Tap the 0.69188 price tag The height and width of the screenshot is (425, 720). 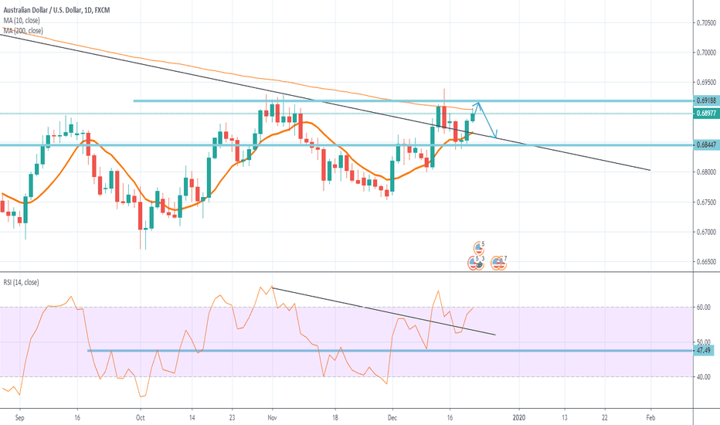click(705, 100)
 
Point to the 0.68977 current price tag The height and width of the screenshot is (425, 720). click(705, 114)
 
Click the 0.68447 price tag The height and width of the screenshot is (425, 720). click(705, 144)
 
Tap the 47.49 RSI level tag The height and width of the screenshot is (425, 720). click(703, 350)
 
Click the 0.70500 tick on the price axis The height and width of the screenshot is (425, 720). click(704, 23)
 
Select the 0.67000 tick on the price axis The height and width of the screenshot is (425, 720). click(704, 231)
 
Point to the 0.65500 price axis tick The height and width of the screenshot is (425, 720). click(704, 261)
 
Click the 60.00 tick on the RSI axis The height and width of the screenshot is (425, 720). click(702, 307)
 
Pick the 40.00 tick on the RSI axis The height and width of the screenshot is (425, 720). click(702, 377)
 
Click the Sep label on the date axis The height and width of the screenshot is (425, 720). click(20, 414)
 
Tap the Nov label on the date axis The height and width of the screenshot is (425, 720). click(271, 414)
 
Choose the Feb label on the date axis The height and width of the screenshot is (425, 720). click(650, 414)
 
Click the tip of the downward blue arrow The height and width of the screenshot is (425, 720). click(495, 132)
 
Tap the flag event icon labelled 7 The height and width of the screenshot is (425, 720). click(499, 263)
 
